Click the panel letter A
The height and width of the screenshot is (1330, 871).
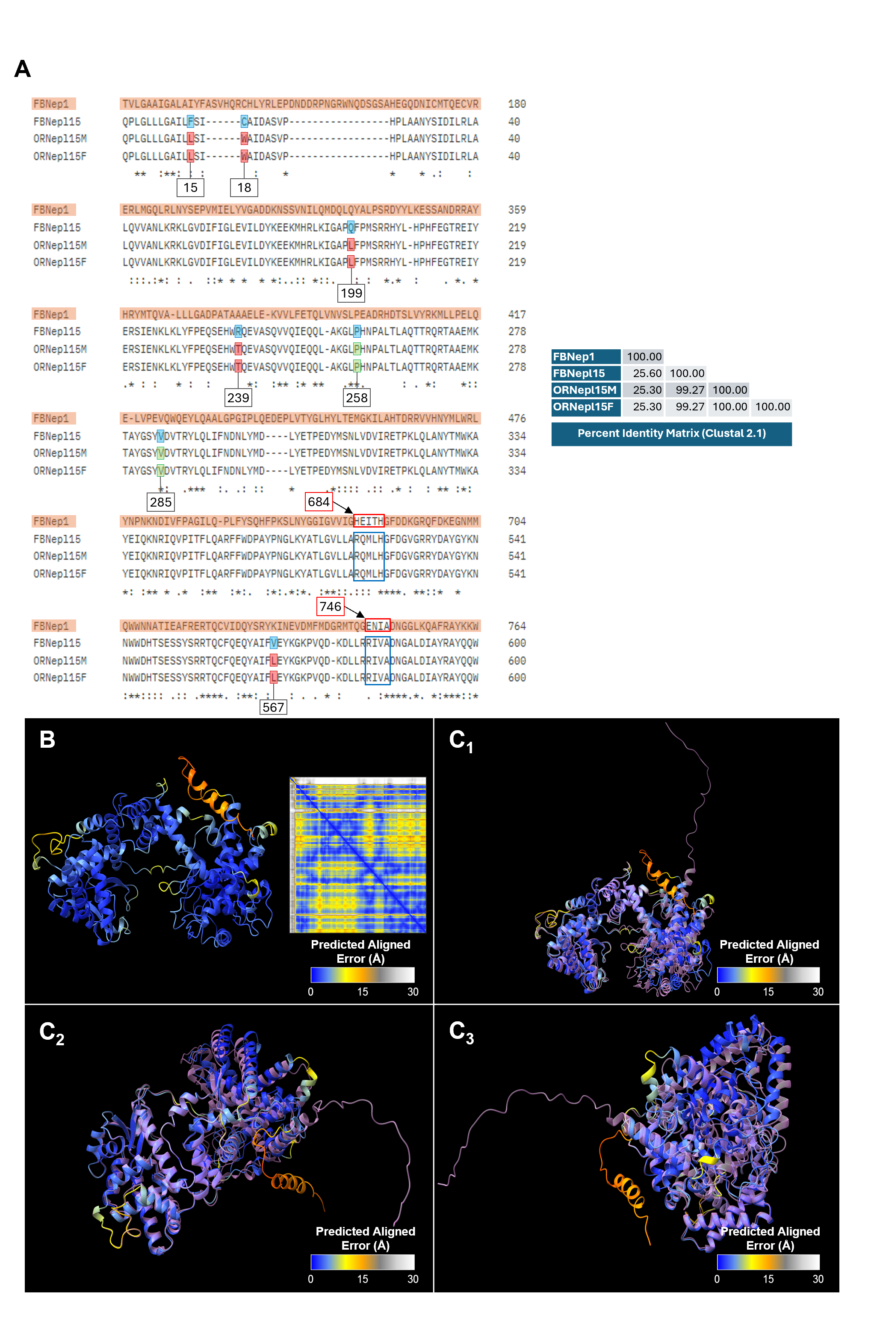click(x=22, y=69)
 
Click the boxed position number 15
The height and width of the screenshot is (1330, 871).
click(x=190, y=188)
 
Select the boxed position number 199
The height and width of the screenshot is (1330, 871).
click(x=351, y=293)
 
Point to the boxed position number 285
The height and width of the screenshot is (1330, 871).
click(x=160, y=502)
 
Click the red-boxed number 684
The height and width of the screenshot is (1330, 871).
click(x=319, y=502)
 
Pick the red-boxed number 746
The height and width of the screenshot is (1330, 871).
click(x=331, y=606)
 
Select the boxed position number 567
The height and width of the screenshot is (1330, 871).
click(x=273, y=707)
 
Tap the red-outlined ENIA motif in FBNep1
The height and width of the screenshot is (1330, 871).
click(x=378, y=626)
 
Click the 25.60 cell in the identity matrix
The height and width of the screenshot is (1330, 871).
click(x=644, y=373)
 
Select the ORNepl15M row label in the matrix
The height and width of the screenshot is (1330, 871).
click(x=585, y=390)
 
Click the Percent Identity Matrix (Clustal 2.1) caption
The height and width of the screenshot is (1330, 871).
click(x=671, y=434)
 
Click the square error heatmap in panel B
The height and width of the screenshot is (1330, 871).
click(x=358, y=855)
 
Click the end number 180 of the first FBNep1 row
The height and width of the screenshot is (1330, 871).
click(x=517, y=104)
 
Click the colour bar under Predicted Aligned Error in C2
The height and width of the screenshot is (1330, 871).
click(x=362, y=1262)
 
